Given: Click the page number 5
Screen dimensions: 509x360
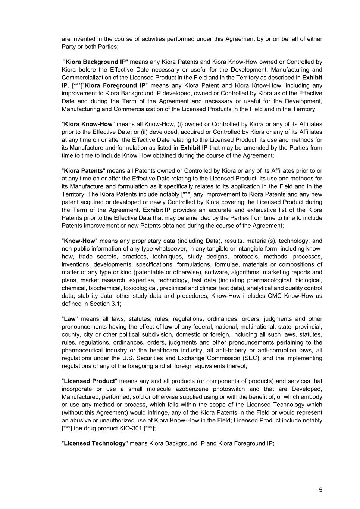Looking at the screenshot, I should [x=320, y=490].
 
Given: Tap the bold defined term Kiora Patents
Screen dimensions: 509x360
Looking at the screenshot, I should [x=83, y=171].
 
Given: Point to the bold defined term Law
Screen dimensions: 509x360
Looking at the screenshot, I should [x=70, y=319].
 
